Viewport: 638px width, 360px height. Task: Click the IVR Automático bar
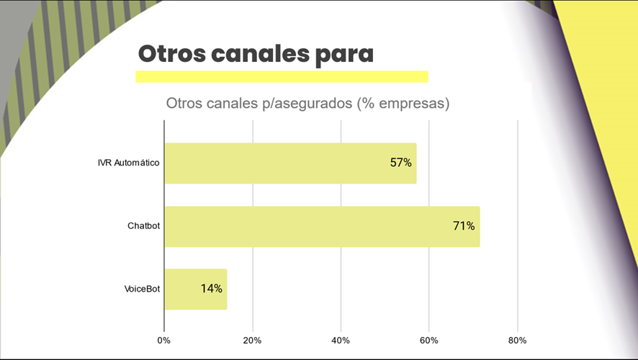point(290,163)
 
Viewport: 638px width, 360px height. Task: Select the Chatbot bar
point(322,226)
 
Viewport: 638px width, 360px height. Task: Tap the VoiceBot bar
point(195,289)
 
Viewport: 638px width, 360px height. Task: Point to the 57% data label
point(400,163)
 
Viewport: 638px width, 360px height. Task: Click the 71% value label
point(464,226)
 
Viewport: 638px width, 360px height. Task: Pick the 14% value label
point(212,289)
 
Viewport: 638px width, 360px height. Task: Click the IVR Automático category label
point(128,163)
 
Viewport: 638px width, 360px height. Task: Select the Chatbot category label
point(143,226)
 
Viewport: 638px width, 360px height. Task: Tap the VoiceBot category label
point(142,289)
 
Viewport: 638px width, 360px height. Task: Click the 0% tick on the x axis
point(164,340)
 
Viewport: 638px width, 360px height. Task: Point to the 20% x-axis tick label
point(252,340)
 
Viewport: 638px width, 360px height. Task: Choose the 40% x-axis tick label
point(341,340)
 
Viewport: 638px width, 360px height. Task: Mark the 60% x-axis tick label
point(429,340)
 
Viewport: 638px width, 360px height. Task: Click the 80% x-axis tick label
point(517,340)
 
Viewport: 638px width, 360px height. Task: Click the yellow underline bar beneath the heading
point(282,76)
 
